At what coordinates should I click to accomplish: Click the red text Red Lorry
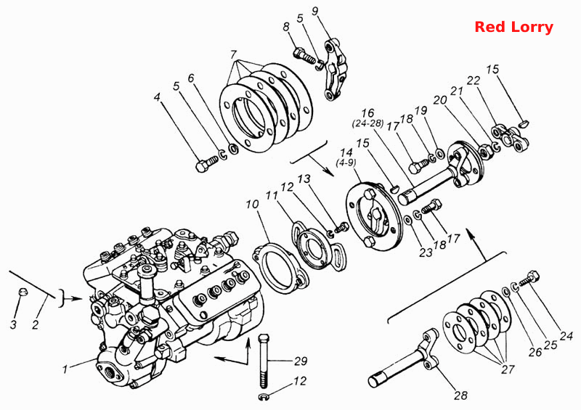click(513, 27)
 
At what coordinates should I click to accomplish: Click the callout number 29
click(301, 361)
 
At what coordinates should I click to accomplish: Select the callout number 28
click(460, 396)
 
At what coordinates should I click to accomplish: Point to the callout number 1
click(65, 369)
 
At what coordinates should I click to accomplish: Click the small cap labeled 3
click(23, 292)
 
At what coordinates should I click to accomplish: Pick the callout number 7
click(232, 54)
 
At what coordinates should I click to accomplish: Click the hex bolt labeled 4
click(207, 165)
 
